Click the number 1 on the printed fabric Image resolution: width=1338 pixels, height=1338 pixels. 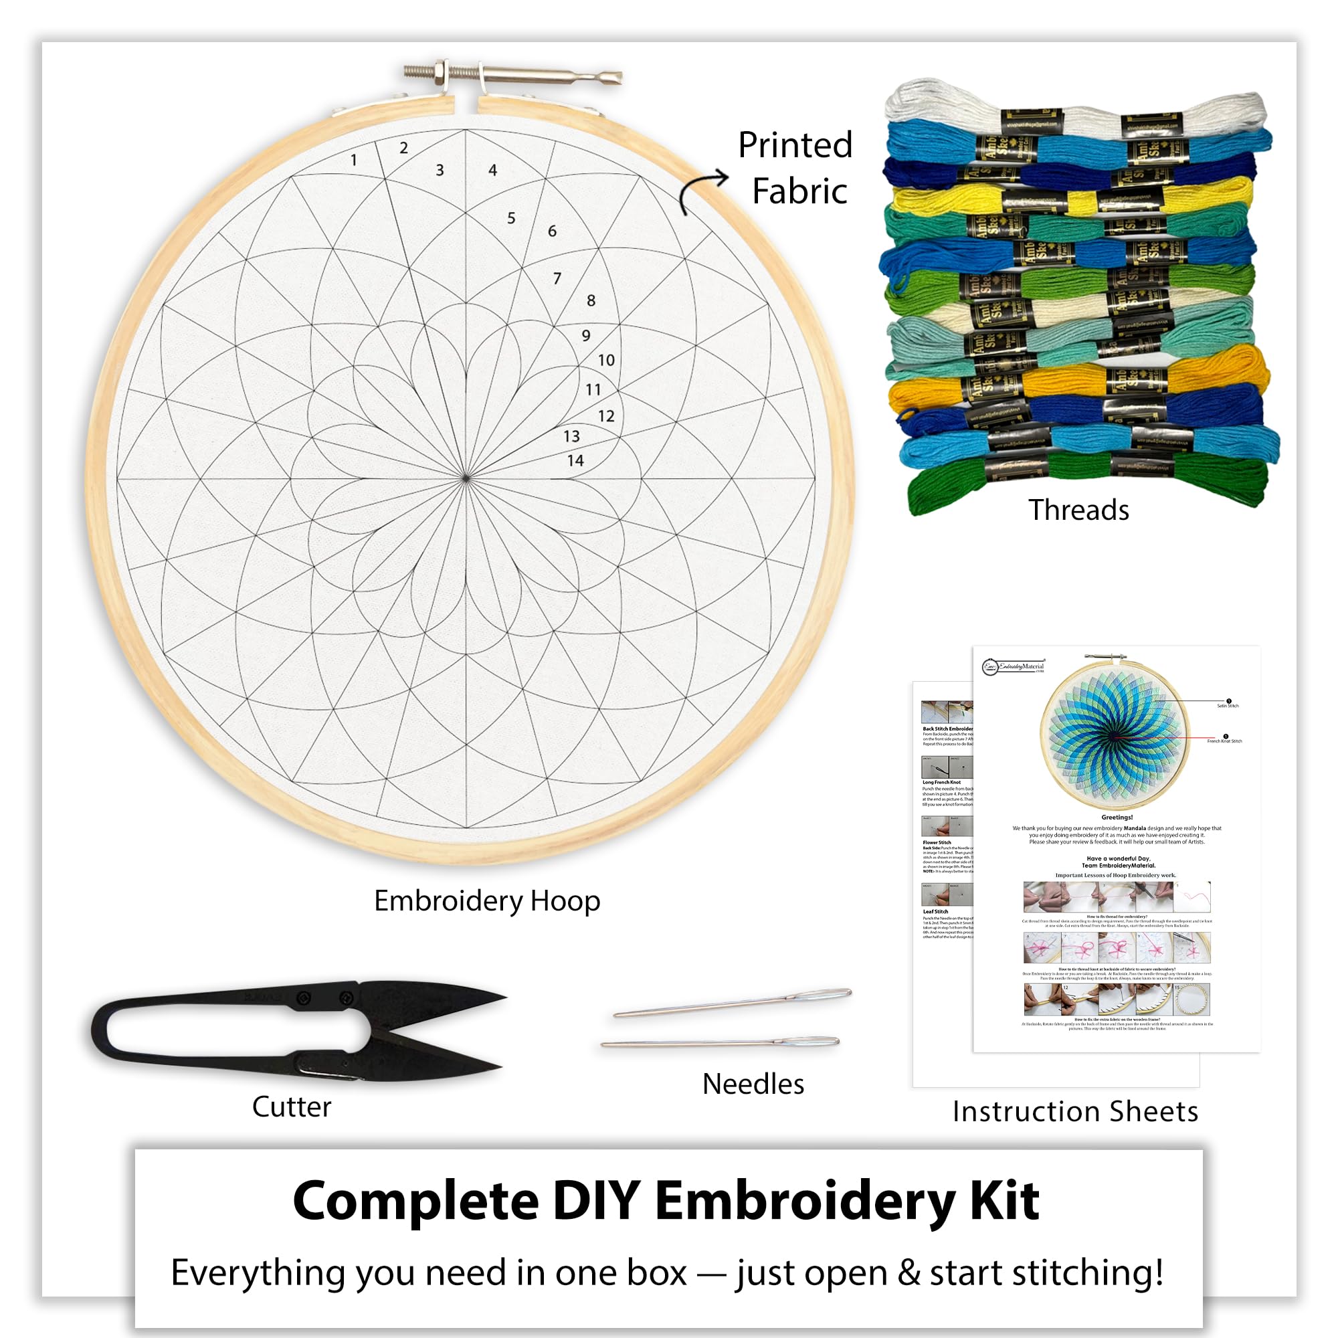pos(354,161)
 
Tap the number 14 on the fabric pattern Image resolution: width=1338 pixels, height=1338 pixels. pos(575,460)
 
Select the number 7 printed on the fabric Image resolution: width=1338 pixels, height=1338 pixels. pos(557,278)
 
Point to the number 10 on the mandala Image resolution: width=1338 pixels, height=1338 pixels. pos(606,360)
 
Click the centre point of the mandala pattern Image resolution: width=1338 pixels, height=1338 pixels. pos(466,478)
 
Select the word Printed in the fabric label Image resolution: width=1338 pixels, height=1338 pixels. pos(794,145)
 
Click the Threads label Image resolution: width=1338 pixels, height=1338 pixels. pos(1078,510)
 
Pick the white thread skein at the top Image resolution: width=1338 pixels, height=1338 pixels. pos(1074,111)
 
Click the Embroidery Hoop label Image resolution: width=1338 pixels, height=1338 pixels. pos(487,901)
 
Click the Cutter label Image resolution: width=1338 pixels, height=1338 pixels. pos(292,1107)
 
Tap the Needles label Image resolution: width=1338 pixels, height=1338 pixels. pos(753,1084)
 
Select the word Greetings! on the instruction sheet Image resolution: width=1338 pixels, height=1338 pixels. pos(1117,818)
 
